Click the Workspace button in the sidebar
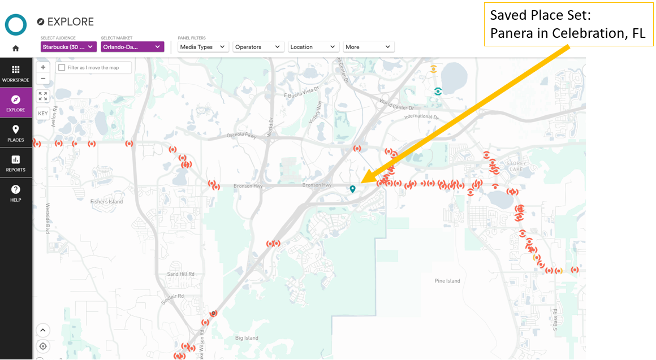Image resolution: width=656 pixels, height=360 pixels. pos(15,73)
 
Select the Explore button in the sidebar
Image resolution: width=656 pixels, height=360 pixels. pos(15,103)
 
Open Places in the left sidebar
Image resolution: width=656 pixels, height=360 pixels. pos(15,133)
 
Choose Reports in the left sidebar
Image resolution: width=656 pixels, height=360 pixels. pos(15,163)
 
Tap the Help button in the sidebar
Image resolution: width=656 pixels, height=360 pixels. pos(15,193)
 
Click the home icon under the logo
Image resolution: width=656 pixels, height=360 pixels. pos(15,49)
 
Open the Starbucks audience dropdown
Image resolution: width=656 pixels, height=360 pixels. pos(68,47)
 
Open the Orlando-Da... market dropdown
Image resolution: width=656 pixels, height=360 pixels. pos(132,47)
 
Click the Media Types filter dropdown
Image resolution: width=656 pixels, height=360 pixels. pos(203,47)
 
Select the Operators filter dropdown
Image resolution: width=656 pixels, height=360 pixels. pos(258,47)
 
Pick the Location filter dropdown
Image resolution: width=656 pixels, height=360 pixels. pos(313,47)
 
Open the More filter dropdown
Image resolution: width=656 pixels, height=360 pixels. pos(368,47)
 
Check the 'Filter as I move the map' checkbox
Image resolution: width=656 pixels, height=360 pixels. pos(62,67)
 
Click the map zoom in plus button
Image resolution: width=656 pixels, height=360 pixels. pos(43,67)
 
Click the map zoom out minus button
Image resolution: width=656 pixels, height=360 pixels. pos(43,79)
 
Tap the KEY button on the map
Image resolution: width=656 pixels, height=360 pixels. pos(43,113)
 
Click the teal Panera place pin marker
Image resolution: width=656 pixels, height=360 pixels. pos(352,189)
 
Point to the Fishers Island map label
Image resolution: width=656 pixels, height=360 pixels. pos(106,202)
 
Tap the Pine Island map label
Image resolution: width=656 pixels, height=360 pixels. pos(447,281)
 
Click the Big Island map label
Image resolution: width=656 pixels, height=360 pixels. pos(247,338)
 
